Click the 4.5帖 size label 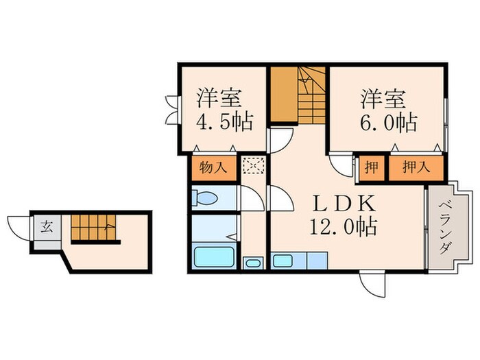(224, 123)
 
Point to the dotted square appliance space (252, 167)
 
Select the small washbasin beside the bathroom (253, 263)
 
